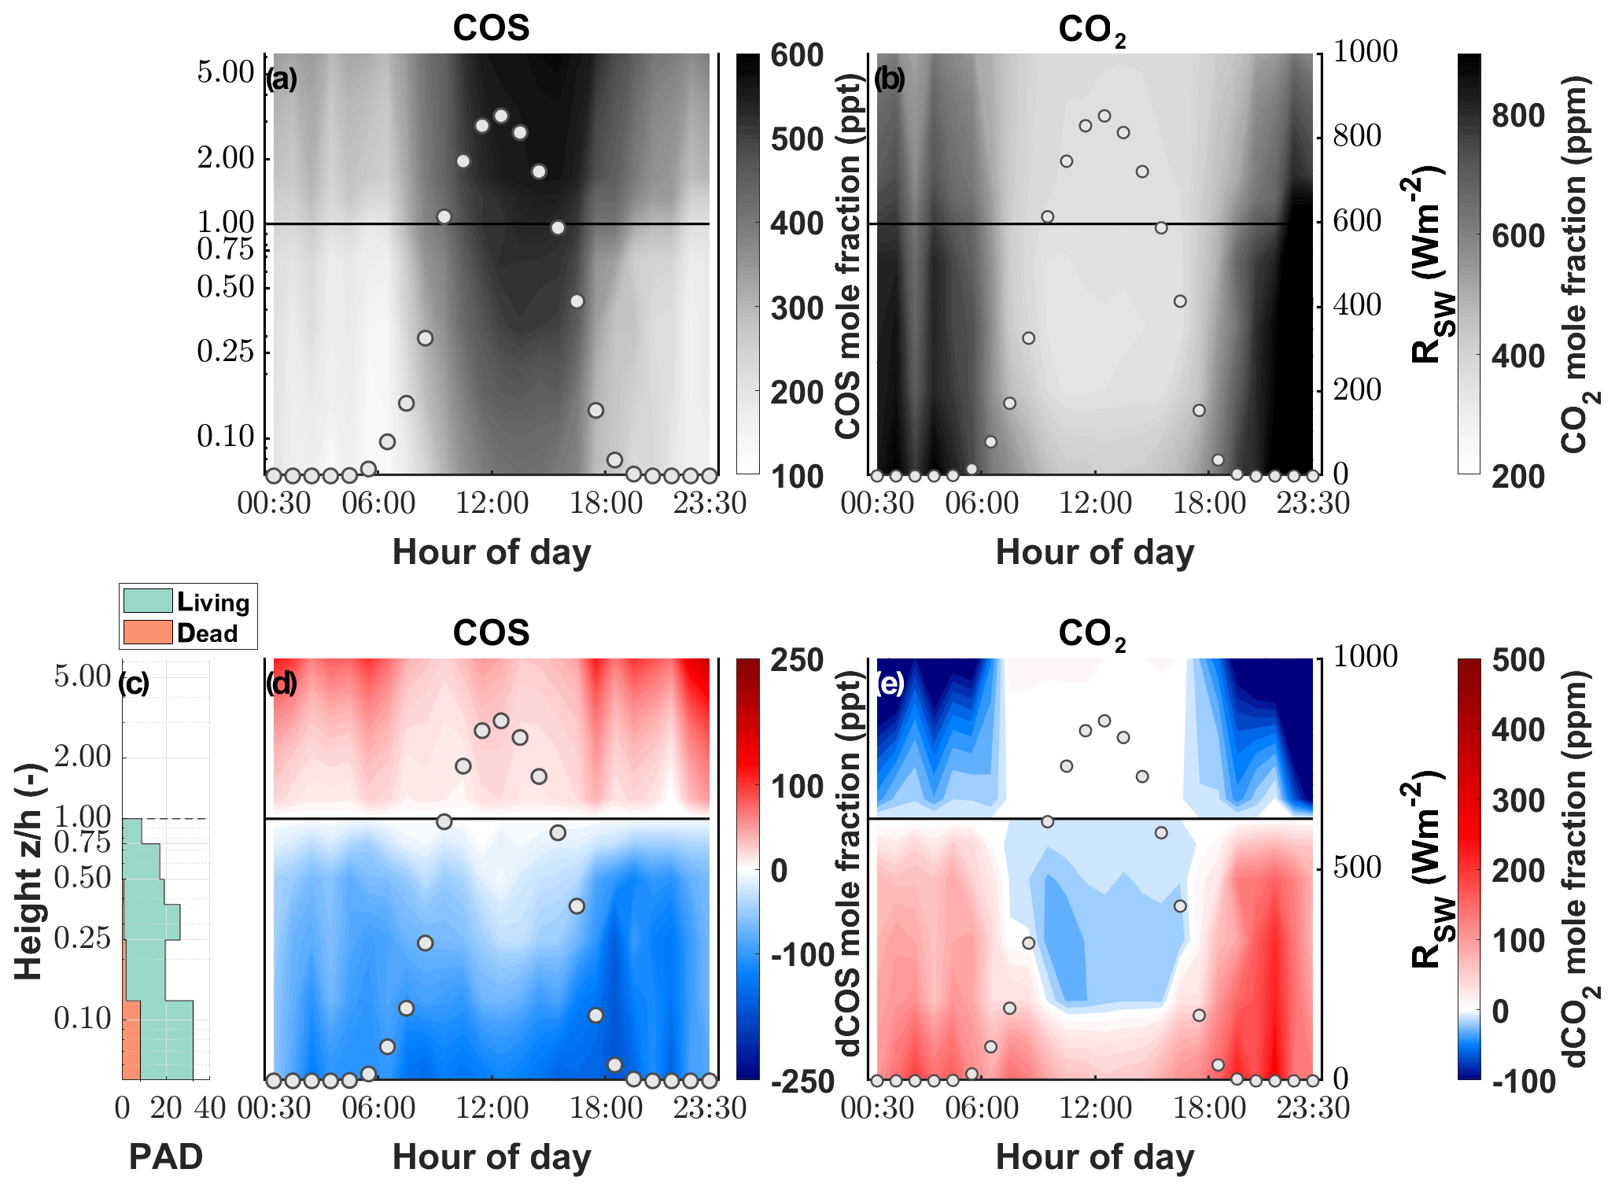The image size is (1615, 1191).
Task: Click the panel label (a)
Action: [281, 79]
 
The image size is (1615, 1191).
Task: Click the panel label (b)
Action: [890, 79]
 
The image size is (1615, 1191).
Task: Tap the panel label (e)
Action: [890, 684]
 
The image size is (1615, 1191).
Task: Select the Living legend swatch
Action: [148, 602]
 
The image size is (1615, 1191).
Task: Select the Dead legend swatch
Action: [148, 632]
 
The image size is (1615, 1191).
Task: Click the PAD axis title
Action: [165, 1156]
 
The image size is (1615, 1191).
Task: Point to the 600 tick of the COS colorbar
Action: [796, 56]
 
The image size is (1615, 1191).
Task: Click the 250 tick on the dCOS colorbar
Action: [796, 660]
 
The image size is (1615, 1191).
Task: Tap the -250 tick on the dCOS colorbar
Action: [802, 1082]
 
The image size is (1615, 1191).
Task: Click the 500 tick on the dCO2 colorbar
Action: [1517, 660]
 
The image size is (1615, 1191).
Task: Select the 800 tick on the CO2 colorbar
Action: [1517, 116]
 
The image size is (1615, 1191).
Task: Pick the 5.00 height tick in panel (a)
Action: [226, 72]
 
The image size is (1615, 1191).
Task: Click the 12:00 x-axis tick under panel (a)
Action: [492, 503]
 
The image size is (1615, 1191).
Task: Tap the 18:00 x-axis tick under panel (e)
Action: [1209, 1108]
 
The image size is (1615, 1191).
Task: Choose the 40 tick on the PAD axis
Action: [210, 1108]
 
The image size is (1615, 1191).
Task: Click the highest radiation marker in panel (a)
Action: [501, 116]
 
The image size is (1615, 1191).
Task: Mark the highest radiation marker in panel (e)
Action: [1104, 721]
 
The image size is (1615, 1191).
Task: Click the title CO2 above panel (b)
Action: [1092, 30]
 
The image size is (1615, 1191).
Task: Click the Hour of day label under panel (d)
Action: [492, 1156]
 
